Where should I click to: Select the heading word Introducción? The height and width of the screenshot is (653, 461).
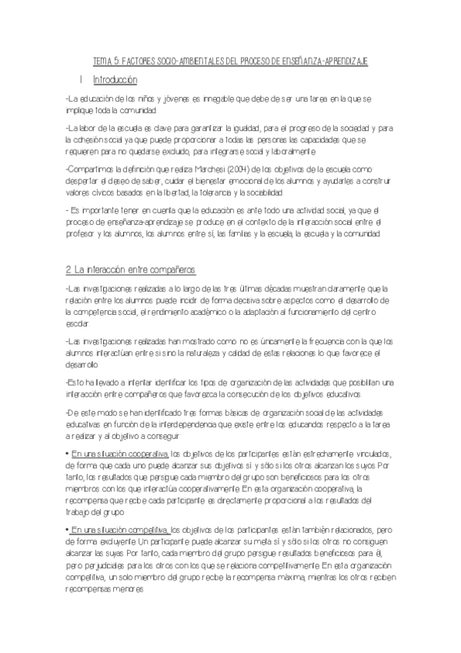115,79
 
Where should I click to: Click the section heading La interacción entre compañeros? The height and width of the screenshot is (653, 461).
132,268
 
